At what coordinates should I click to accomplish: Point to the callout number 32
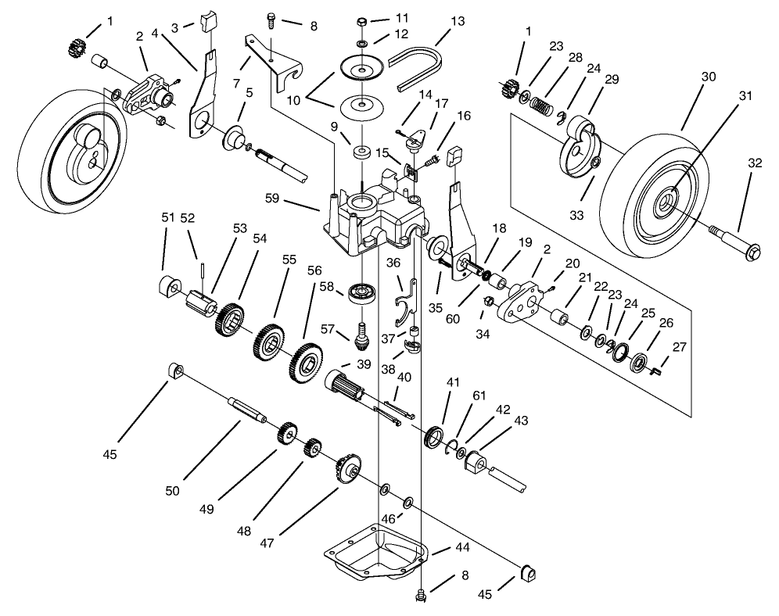pyautogui.click(x=754, y=163)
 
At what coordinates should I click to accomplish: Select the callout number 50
pyautogui.click(x=172, y=491)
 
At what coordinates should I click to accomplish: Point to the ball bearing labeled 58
pyautogui.click(x=363, y=295)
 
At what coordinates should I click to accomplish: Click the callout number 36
pyautogui.click(x=393, y=263)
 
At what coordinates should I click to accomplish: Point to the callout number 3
pyautogui.click(x=175, y=27)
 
